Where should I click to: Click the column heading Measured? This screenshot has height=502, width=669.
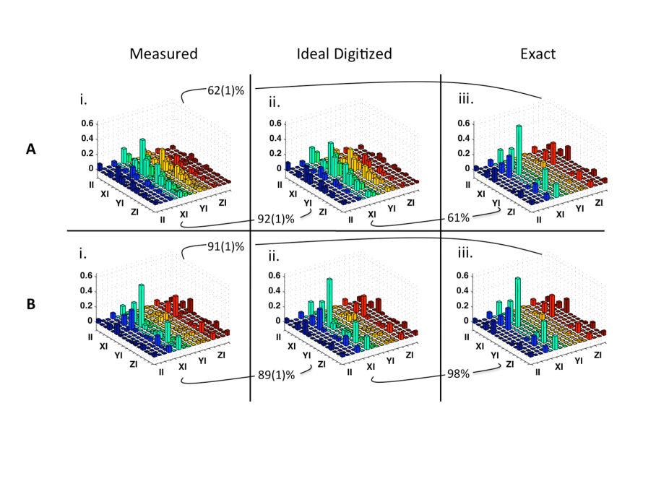pyautogui.click(x=163, y=54)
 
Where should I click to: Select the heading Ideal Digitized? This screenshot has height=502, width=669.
pyautogui.click(x=344, y=54)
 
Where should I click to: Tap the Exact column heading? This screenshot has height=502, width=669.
pyautogui.click(x=535, y=54)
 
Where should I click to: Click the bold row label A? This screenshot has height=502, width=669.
pyautogui.click(x=30, y=150)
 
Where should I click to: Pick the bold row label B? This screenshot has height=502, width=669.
pyautogui.click(x=30, y=305)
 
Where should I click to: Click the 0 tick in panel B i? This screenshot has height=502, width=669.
pyautogui.click(x=91, y=321)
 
